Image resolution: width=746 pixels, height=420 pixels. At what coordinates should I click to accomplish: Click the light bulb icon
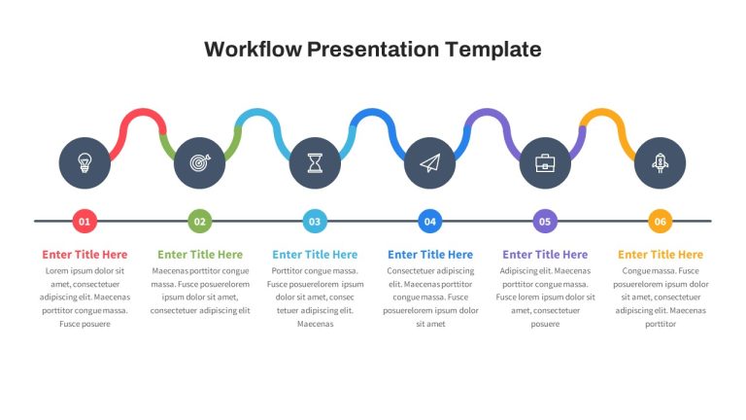[85, 163]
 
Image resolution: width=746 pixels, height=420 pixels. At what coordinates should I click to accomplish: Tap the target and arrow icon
[200, 163]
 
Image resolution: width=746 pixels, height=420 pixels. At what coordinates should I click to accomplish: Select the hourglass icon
[315, 163]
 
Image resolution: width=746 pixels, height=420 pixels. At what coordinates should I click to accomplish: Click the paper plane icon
[430, 163]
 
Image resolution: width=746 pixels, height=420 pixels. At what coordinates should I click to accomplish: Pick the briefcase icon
[545, 163]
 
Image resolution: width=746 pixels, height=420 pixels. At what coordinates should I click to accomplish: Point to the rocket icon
[660, 163]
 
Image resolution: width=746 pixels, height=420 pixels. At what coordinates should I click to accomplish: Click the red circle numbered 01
[85, 222]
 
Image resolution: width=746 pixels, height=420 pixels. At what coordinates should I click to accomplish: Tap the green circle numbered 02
[200, 222]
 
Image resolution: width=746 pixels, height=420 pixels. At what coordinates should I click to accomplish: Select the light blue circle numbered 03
[315, 222]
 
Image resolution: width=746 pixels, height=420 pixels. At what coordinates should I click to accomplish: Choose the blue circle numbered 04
[430, 222]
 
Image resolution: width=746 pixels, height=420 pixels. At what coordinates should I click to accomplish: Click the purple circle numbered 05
[545, 222]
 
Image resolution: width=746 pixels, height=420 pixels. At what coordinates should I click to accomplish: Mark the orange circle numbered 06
[661, 222]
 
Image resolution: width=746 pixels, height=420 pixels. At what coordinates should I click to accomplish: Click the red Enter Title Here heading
[85, 255]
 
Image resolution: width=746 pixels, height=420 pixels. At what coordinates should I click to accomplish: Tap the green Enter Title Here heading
[200, 255]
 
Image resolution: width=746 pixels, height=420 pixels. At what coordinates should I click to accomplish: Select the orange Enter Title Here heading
[661, 255]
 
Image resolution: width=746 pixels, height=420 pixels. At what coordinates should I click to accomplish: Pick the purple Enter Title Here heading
[545, 255]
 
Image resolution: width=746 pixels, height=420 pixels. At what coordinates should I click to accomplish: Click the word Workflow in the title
[253, 50]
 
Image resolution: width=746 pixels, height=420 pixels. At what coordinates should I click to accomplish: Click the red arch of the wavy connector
[142, 113]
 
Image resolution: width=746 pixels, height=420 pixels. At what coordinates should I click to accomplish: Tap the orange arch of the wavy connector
[602, 113]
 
